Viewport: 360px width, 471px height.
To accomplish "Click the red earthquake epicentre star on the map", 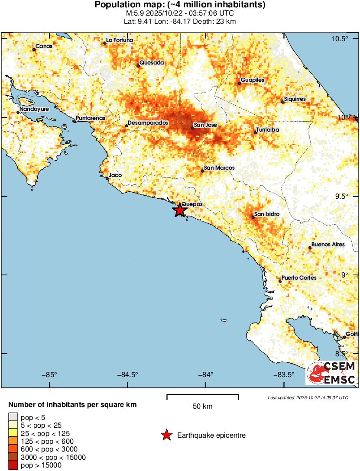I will [x=179, y=210].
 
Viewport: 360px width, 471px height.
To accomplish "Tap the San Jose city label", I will [x=205, y=125].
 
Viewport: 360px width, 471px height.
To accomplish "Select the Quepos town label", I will [x=191, y=204].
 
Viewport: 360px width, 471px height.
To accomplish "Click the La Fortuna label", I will [x=120, y=40].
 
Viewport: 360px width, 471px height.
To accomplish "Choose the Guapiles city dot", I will [x=239, y=83].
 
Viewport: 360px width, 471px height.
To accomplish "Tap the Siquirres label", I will [x=295, y=99].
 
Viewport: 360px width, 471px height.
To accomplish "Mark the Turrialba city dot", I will [x=256, y=132].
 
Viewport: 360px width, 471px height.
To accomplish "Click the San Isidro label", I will [x=266, y=214].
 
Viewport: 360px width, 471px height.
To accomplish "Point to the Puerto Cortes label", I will [x=299, y=277].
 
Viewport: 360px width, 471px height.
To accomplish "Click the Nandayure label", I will [x=34, y=109].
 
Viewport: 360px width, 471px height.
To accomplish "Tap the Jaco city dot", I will [x=107, y=178].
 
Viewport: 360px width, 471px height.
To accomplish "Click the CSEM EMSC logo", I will [x=331, y=373].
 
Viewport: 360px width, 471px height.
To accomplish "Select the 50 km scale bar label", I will [x=202, y=406].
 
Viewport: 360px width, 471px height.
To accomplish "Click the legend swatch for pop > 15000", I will [x=13, y=465].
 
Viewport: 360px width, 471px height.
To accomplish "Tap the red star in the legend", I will [x=166, y=436].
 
